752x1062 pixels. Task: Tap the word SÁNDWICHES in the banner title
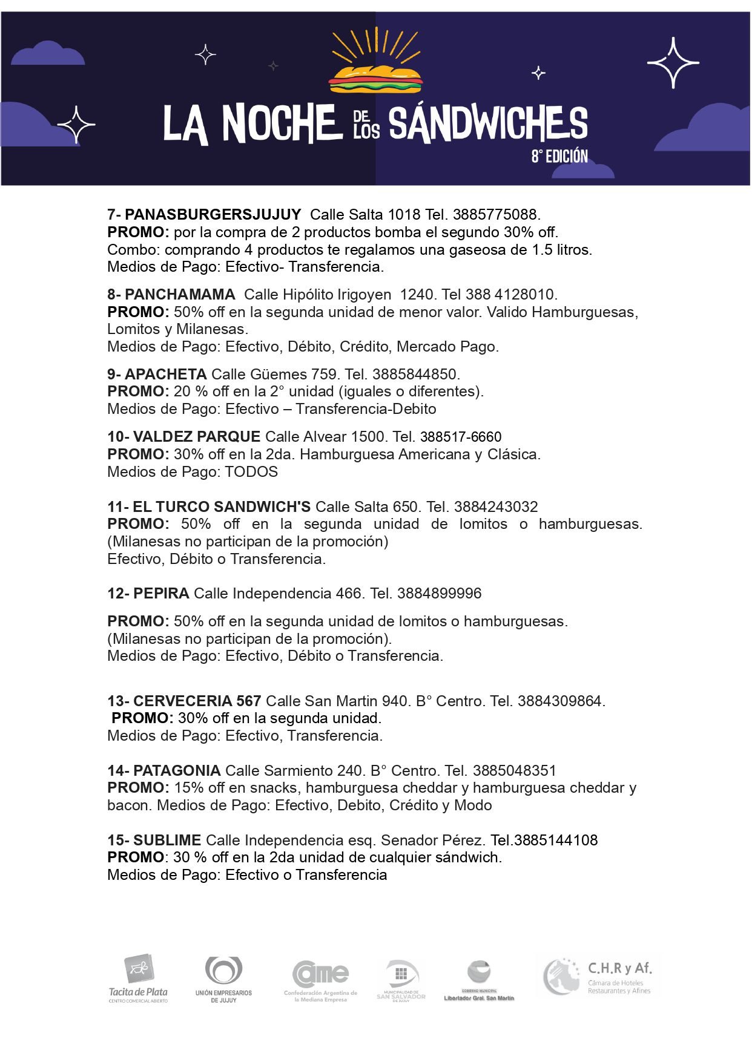coord(487,124)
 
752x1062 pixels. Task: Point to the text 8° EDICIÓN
coord(559,157)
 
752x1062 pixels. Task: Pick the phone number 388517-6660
coord(461,437)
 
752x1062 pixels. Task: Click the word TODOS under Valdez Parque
coord(251,472)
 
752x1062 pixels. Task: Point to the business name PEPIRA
coord(161,594)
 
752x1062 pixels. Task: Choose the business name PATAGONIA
coord(176,771)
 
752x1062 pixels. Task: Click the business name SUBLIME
coord(167,841)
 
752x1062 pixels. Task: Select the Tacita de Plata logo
coord(139,979)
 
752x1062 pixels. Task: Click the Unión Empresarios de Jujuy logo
coord(223,979)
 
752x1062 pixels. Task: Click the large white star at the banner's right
coord(673,62)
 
